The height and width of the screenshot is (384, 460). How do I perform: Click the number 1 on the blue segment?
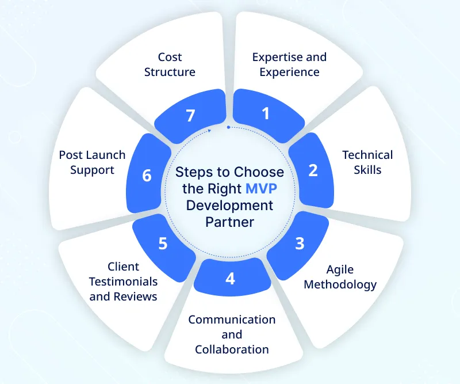pos(265,113)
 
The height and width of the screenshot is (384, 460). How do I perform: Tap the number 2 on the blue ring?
pos(313,170)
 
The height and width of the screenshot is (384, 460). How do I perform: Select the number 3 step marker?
pos(299,244)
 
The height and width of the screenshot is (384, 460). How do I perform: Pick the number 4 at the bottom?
pos(230,279)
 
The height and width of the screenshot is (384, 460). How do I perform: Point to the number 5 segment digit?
pos(163,244)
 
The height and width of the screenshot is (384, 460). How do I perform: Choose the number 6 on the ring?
pos(147,175)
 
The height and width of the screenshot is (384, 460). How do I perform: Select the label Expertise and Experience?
pos(289,64)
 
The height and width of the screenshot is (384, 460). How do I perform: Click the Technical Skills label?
pos(367,162)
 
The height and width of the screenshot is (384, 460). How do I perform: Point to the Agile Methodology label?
pos(340,277)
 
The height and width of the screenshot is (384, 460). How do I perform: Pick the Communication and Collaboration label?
pos(232,334)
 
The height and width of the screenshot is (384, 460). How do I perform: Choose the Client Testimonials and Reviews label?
pos(124,282)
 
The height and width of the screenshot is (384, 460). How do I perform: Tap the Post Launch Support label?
pos(93,162)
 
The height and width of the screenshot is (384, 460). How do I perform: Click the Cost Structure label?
pos(170,64)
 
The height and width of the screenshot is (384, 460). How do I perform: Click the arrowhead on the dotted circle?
pos(210,130)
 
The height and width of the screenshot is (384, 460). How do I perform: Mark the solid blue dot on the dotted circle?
pos(228,127)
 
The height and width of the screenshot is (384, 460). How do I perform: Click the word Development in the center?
pos(229,205)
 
